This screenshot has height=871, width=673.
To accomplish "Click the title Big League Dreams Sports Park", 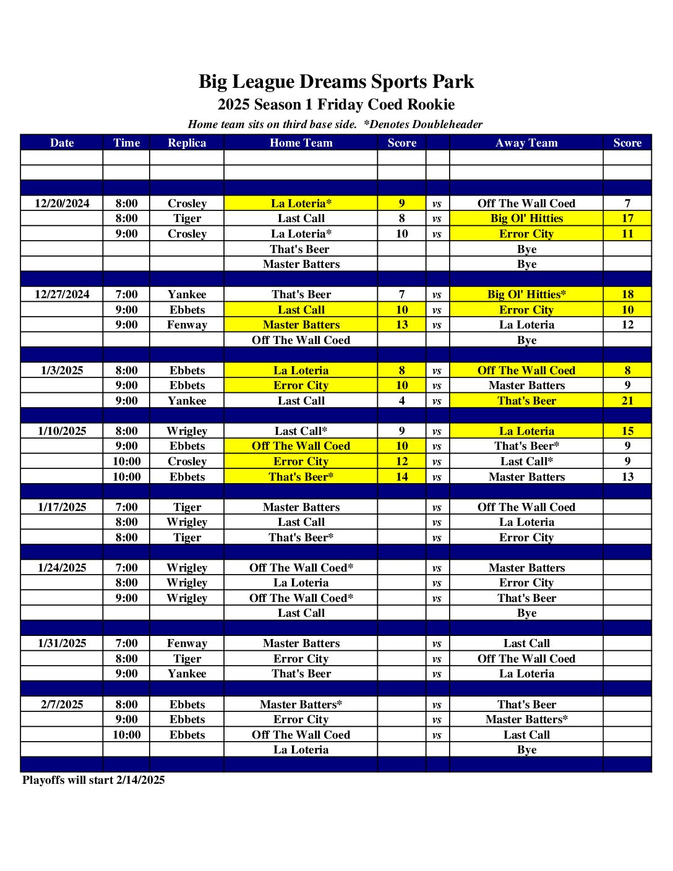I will (x=336, y=82).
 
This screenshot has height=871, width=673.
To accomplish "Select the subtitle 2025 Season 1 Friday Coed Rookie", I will (x=336, y=105).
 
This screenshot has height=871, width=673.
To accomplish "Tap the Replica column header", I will (x=187, y=143).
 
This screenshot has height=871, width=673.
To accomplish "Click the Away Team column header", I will (x=526, y=143).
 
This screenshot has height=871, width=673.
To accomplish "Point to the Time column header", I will (x=126, y=143).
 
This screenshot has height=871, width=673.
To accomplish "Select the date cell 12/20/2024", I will (x=62, y=204).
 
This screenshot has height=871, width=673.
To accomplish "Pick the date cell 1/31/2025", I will (x=62, y=643).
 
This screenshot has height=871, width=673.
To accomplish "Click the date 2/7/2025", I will (x=62, y=704).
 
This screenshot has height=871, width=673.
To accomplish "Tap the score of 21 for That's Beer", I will (x=627, y=401).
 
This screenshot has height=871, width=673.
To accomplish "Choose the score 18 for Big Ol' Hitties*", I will (x=627, y=294).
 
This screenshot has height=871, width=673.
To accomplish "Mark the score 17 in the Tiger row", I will (x=627, y=218).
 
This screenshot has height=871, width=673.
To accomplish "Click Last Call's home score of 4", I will (x=401, y=401).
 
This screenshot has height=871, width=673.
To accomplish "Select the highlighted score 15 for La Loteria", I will (x=627, y=431).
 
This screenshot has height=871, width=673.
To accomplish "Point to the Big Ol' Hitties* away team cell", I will (x=526, y=294).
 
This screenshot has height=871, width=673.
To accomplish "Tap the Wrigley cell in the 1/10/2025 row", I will (x=187, y=431).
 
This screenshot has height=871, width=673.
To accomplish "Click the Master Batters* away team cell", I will (x=526, y=719).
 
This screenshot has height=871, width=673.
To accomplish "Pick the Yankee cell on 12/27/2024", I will (x=187, y=294).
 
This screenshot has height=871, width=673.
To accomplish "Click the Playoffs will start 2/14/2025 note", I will (x=93, y=780).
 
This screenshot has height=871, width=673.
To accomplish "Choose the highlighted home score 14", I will (x=401, y=477).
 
